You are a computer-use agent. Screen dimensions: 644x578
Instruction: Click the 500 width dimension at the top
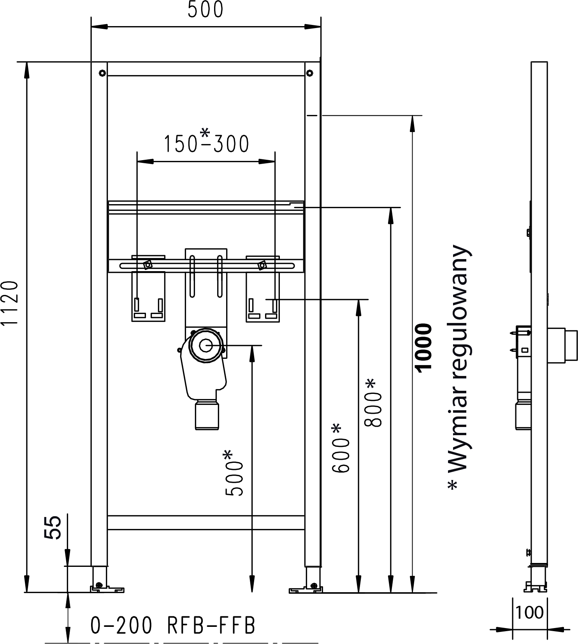point(205,10)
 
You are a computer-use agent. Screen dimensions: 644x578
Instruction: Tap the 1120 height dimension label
point(10,303)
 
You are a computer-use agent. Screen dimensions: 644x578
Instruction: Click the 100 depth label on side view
point(529,612)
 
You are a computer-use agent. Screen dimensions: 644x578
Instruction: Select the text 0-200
point(121,626)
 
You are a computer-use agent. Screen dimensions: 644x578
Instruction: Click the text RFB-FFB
point(211,626)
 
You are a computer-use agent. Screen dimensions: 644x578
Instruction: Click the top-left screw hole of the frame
point(102,73)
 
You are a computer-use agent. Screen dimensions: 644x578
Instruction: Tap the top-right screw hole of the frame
point(309,73)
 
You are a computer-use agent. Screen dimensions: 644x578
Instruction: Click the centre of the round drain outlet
point(206,345)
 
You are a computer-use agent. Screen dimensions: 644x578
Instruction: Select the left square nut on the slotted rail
point(148,265)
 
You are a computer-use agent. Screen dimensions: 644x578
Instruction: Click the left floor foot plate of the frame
point(107,589)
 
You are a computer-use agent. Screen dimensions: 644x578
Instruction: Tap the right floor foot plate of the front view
point(306,590)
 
